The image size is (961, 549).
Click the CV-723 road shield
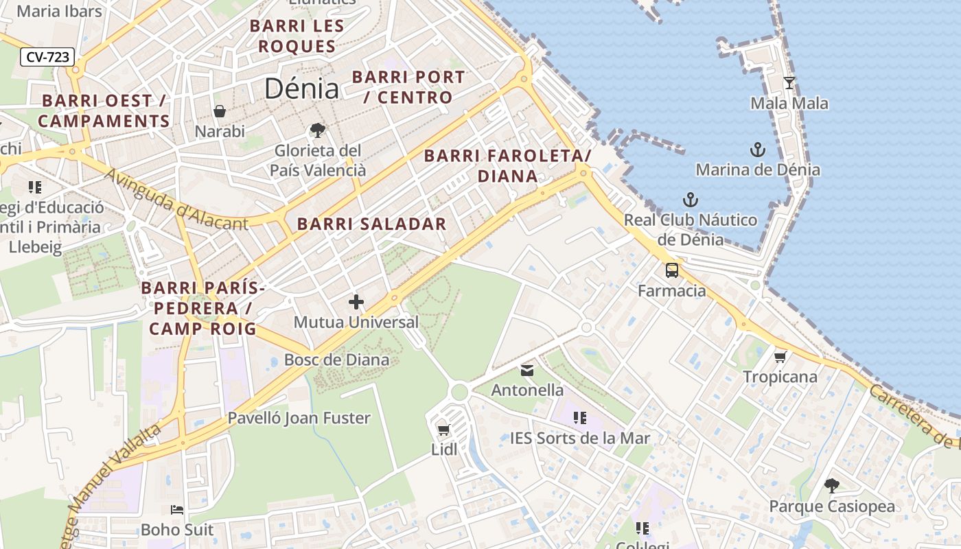click(x=47, y=57)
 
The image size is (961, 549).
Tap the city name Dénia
click(x=301, y=89)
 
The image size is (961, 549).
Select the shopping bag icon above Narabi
click(x=220, y=111)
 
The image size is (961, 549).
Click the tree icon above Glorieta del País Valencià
click(x=317, y=130)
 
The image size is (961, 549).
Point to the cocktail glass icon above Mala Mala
click(x=789, y=83)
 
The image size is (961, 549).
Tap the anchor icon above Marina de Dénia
click(x=757, y=149)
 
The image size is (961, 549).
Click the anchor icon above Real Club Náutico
click(x=690, y=200)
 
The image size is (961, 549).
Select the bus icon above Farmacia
click(x=671, y=270)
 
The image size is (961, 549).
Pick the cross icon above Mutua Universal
click(x=356, y=301)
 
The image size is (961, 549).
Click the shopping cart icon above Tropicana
click(x=780, y=357)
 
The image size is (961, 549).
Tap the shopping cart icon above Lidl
click(x=443, y=430)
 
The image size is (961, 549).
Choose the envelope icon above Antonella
click(x=526, y=371)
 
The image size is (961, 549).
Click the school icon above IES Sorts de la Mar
click(x=579, y=417)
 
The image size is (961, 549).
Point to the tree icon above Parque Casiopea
click(x=831, y=486)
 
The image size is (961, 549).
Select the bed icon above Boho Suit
click(x=177, y=510)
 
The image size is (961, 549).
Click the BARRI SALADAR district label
click(x=371, y=224)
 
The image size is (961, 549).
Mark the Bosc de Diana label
click(x=336, y=360)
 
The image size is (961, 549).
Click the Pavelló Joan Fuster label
click(x=299, y=418)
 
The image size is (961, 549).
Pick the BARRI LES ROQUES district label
click(x=292, y=36)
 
